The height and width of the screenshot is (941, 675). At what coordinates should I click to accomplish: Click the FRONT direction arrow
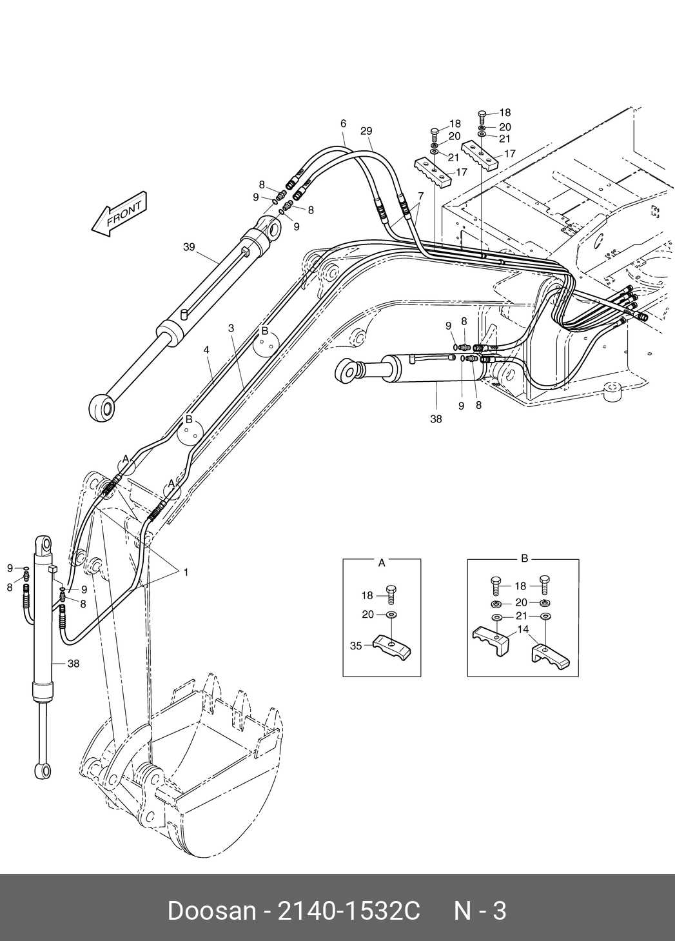(x=119, y=213)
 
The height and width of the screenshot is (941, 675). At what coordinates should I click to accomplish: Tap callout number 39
(x=189, y=247)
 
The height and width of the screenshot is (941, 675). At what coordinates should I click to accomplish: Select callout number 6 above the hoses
(x=343, y=123)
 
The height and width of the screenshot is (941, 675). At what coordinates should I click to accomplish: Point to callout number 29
(x=366, y=131)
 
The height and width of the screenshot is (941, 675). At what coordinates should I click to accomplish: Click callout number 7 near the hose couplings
(x=421, y=196)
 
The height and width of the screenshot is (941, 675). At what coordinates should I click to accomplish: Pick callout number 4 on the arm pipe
(x=206, y=350)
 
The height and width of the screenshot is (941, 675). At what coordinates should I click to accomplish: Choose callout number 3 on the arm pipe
(x=231, y=328)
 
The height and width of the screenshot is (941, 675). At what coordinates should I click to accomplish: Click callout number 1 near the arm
(x=186, y=572)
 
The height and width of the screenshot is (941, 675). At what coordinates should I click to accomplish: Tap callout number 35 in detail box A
(x=356, y=646)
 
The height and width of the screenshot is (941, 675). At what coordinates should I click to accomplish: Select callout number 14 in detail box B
(x=523, y=629)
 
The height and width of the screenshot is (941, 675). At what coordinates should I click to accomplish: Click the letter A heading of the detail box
(x=382, y=563)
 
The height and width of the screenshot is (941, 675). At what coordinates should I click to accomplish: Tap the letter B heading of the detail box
(x=524, y=559)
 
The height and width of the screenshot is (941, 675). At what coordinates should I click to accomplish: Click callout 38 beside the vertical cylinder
(x=73, y=663)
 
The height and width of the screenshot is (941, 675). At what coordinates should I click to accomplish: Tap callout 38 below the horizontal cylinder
(x=436, y=419)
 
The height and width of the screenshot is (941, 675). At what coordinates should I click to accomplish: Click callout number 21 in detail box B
(x=522, y=616)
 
